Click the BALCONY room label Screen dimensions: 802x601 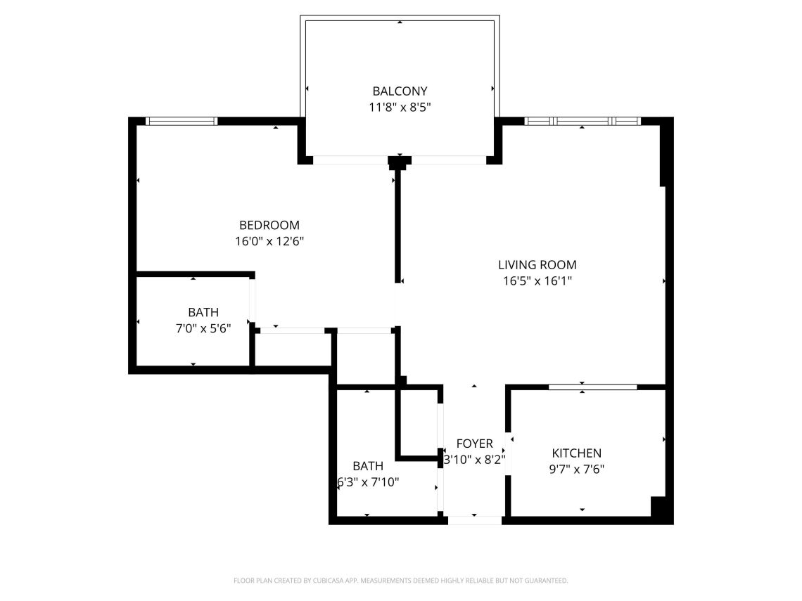click(x=400, y=91)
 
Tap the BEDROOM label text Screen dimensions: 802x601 click(x=269, y=226)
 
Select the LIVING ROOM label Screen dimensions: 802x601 click(x=537, y=265)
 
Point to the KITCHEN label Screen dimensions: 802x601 click(x=576, y=453)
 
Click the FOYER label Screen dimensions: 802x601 click(x=475, y=444)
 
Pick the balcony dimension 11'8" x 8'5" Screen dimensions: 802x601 click(x=400, y=108)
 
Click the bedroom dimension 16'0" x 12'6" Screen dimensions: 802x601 click(x=269, y=241)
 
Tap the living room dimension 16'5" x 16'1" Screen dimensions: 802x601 click(x=537, y=280)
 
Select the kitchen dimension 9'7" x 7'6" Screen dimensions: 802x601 click(x=576, y=469)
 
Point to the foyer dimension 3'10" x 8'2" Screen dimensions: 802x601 click(x=475, y=460)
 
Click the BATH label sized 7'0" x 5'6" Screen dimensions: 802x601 click(x=203, y=312)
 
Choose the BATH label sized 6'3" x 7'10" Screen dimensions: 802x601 click(x=368, y=466)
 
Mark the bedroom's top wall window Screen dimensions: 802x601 click(x=181, y=121)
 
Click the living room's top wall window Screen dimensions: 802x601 click(x=582, y=121)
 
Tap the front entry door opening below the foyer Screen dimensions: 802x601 click(x=475, y=520)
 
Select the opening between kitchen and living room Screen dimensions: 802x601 click(x=593, y=387)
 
